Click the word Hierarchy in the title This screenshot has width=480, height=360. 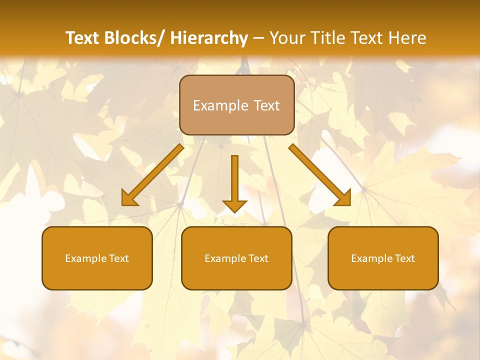coord(208,38)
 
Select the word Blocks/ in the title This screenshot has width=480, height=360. coord(135,38)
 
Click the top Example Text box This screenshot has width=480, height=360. coord(236,105)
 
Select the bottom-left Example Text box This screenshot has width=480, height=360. coord(97,258)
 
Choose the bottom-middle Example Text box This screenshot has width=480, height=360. coord(236,258)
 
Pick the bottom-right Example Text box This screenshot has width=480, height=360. coord(383,258)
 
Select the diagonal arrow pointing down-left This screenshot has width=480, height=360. coord(152,175)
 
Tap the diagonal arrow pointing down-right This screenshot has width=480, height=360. coord(320,175)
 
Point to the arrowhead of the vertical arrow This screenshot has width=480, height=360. coord(234,206)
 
